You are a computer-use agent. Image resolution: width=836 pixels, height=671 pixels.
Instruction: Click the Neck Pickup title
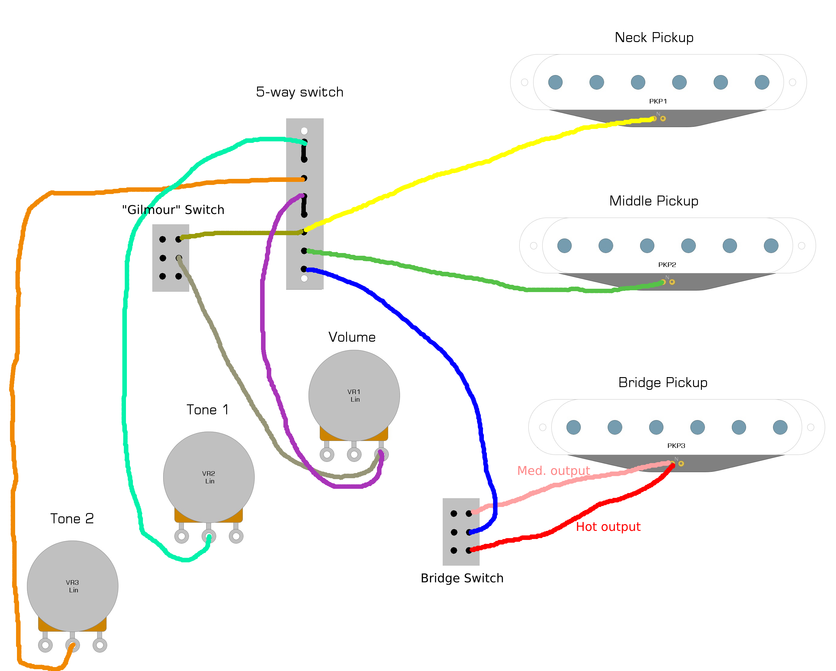click(x=654, y=38)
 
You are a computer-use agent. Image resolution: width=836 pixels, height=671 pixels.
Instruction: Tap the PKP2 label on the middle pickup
click(x=667, y=265)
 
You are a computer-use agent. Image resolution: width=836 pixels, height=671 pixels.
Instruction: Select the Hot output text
click(x=608, y=527)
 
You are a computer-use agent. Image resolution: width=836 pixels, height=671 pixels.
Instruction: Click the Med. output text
click(x=553, y=471)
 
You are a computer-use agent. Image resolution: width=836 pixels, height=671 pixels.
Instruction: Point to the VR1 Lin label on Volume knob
click(x=354, y=395)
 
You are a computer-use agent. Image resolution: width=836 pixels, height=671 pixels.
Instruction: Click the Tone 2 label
click(x=72, y=519)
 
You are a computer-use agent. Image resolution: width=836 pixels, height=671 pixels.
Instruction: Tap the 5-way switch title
click(x=299, y=92)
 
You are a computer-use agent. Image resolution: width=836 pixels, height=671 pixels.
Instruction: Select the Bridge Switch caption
click(x=462, y=578)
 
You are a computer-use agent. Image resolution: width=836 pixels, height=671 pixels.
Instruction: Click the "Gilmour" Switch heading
click(x=173, y=210)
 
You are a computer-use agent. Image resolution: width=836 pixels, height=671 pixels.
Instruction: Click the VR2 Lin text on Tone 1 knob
click(x=209, y=477)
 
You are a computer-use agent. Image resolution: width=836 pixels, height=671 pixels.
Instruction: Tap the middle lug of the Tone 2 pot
click(x=72, y=645)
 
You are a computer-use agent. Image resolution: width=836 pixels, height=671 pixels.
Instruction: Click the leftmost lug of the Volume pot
click(x=327, y=454)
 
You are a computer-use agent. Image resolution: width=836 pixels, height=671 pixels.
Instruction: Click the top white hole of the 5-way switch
click(x=304, y=131)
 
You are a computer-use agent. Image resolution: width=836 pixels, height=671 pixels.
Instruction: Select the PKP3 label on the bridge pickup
click(x=676, y=446)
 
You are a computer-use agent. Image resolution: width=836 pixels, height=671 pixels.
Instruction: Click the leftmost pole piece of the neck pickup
click(x=555, y=82)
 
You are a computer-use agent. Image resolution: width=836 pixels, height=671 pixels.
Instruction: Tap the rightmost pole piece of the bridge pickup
click(x=780, y=427)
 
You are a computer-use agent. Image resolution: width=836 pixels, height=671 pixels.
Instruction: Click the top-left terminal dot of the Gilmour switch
click(x=163, y=239)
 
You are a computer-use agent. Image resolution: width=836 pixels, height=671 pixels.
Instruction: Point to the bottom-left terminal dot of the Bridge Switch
click(x=454, y=551)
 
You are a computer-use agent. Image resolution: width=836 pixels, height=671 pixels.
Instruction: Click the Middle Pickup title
click(x=654, y=201)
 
